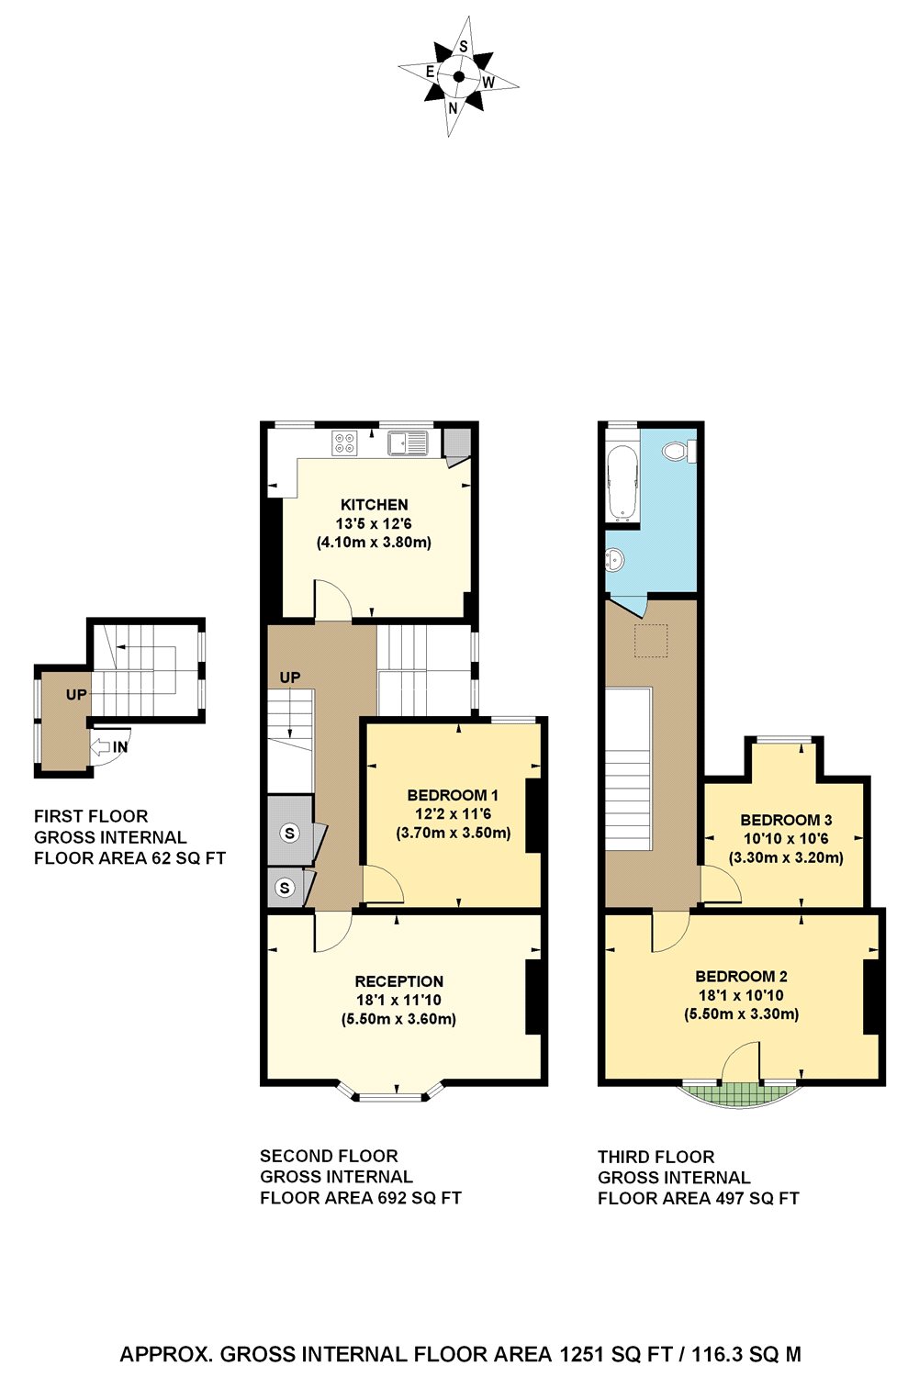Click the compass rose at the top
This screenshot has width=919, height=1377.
pos(457,76)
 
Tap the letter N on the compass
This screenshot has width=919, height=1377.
pos(453,107)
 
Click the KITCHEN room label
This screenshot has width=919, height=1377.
pos(374,505)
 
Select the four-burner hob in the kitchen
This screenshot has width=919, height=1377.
pos(345,443)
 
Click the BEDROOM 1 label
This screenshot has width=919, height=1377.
pos(453,795)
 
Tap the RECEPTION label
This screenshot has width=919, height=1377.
pos(398,981)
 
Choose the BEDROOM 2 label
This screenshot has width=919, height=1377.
pos(741,977)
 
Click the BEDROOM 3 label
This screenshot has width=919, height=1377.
pos(786,820)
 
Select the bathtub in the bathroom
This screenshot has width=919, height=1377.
pos(622,483)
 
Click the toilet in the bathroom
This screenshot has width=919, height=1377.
pos(678,451)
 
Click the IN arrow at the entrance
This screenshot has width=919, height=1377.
pos(108,747)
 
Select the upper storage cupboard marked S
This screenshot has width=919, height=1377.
pos(290,834)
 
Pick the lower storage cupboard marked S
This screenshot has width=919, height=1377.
pos(285,888)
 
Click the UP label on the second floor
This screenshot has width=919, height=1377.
pos(290,677)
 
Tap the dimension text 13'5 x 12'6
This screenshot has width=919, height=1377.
pos(374,524)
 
